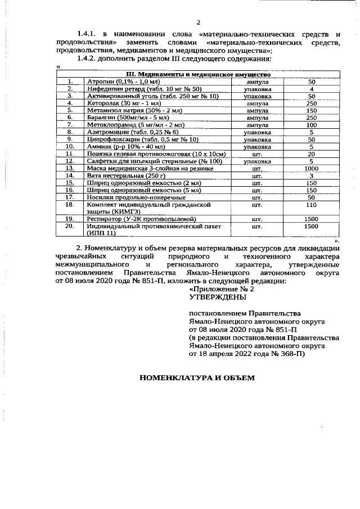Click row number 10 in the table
[70, 146]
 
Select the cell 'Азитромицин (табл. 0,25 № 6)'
[126, 132]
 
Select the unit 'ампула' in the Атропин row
[257, 82]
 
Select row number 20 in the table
[70, 226]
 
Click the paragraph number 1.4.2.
[89, 58]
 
